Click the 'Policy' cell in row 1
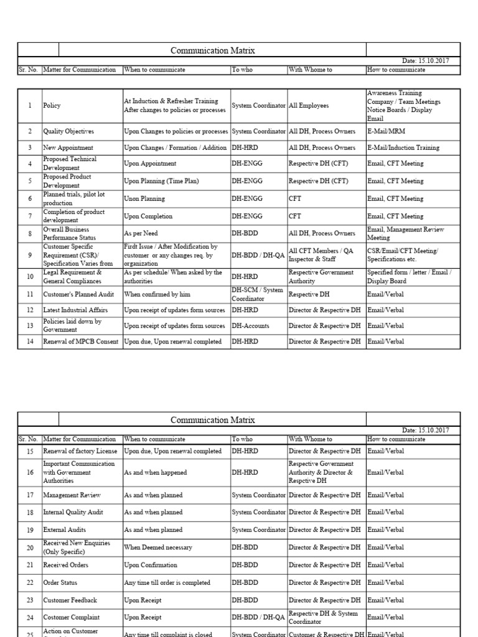[x=52, y=106]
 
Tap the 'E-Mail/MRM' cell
[x=386, y=131]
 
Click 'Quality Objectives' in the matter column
[x=68, y=131]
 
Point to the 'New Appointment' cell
[x=68, y=148]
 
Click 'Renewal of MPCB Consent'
[x=80, y=342]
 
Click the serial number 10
[x=30, y=276]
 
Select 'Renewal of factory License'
[x=80, y=451]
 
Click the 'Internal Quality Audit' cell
[x=73, y=513]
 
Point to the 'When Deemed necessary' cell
[x=158, y=547]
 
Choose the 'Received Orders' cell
[x=65, y=565]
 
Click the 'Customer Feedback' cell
[x=70, y=600]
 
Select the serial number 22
[x=30, y=583]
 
